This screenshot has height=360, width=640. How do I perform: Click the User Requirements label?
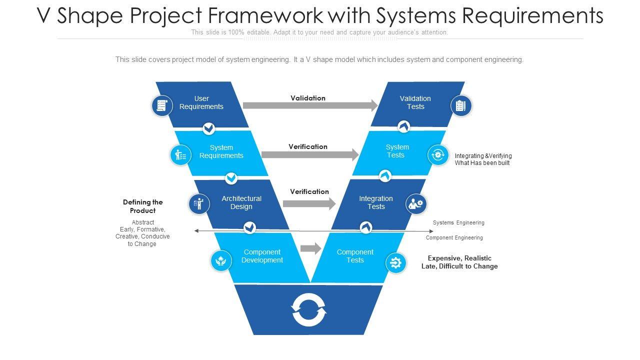[201, 102]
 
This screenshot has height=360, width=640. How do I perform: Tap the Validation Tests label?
[415, 102]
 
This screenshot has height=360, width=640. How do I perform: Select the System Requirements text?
[221, 151]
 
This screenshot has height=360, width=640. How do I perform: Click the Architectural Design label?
[241, 202]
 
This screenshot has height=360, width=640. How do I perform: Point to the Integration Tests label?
[376, 202]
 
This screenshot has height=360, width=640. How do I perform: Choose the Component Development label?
[262, 256]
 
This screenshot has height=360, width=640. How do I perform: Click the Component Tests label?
[355, 256]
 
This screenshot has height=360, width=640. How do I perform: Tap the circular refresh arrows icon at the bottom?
[309, 310]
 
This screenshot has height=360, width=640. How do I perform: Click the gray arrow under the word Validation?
[310, 105]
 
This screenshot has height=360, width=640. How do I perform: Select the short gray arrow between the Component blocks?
[311, 248]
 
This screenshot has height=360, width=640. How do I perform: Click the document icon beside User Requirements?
[162, 105]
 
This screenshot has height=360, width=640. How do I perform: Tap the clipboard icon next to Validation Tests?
[461, 105]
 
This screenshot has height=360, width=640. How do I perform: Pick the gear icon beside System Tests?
[438, 155]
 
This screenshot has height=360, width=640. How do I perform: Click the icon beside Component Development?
[221, 261]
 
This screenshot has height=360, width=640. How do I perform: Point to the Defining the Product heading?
[143, 206]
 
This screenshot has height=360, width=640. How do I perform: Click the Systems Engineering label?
[458, 222]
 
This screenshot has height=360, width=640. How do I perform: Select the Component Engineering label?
[454, 237]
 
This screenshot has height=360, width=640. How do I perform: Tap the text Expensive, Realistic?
[459, 258]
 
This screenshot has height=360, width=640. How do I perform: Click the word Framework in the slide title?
[265, 15]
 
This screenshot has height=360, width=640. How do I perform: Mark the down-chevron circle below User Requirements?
[209, 128]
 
